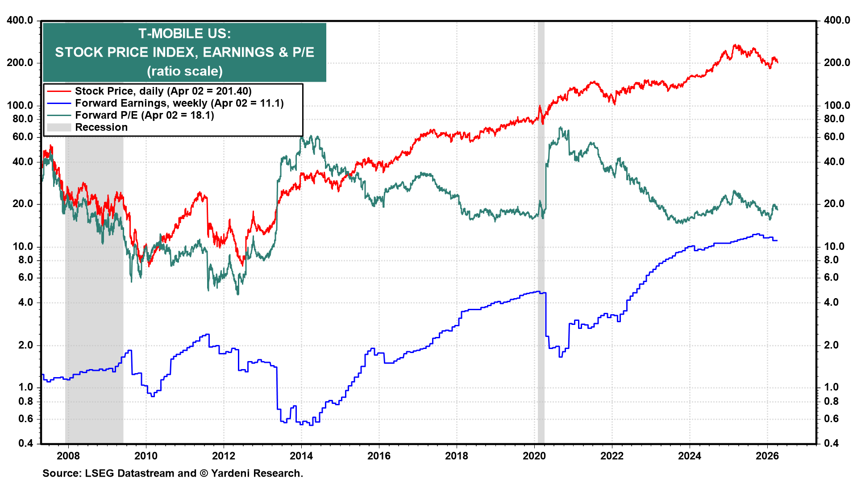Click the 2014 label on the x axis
(x=301, y=456)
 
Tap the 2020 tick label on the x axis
(x=534, y=456)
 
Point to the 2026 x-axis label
(x=767, y=456)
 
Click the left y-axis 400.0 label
(x=20, y=20)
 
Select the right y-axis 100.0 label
(x=837, y=105)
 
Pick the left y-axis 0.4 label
(x=25, y=443)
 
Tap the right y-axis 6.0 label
(x=831, y=277)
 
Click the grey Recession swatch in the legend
(x=59, y=127)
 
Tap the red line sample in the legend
(x=59, y=91)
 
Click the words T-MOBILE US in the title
(x=184, y=33)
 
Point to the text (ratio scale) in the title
(x=184, y=71)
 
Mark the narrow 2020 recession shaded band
(x=541, y=268)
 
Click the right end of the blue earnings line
(x=777, y=241)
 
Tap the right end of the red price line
(x=778, y=62)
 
